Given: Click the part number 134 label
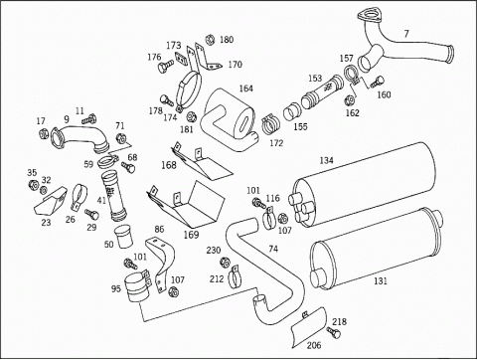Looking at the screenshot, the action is (326, 160).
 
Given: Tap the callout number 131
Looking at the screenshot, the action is (381, 281).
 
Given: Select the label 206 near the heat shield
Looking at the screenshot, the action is (314, 345).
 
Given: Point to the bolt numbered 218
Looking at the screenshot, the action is (333, 332).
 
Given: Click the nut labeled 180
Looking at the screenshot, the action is (210, 40).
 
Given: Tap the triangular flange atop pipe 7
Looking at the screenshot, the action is (368, 16).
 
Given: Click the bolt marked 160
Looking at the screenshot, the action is (377, 82).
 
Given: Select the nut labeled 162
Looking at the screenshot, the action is (350, 99).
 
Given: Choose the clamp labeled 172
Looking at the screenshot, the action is (271, 124).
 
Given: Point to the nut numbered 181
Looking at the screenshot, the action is (191, 117).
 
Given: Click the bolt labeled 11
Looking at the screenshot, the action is (88, 119).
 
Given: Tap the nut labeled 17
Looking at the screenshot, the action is (43, 134).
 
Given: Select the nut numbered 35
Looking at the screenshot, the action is (33, 184).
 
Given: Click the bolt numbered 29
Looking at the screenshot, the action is (91, 214).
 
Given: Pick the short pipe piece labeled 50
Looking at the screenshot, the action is (123, 236).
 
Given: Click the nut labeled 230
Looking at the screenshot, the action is (225, 262).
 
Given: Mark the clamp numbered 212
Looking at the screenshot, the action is (235, 275).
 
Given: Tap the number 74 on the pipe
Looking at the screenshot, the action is (273, 249).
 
